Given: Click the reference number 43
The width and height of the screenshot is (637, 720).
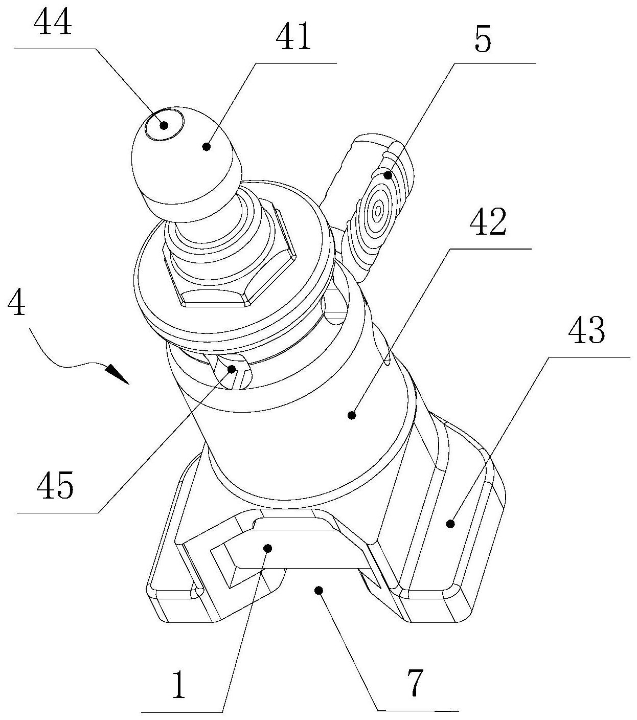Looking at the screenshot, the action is pos(586,330).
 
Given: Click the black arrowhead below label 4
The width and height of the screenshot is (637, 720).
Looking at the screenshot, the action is pos(117,374).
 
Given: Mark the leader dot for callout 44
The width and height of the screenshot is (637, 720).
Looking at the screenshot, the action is pos(164,125).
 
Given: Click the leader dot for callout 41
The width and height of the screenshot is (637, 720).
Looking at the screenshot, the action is pos(207,146).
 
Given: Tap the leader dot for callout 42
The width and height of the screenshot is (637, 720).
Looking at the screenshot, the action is pos(352,415).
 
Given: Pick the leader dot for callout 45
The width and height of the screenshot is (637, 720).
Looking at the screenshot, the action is pos(232,369).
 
